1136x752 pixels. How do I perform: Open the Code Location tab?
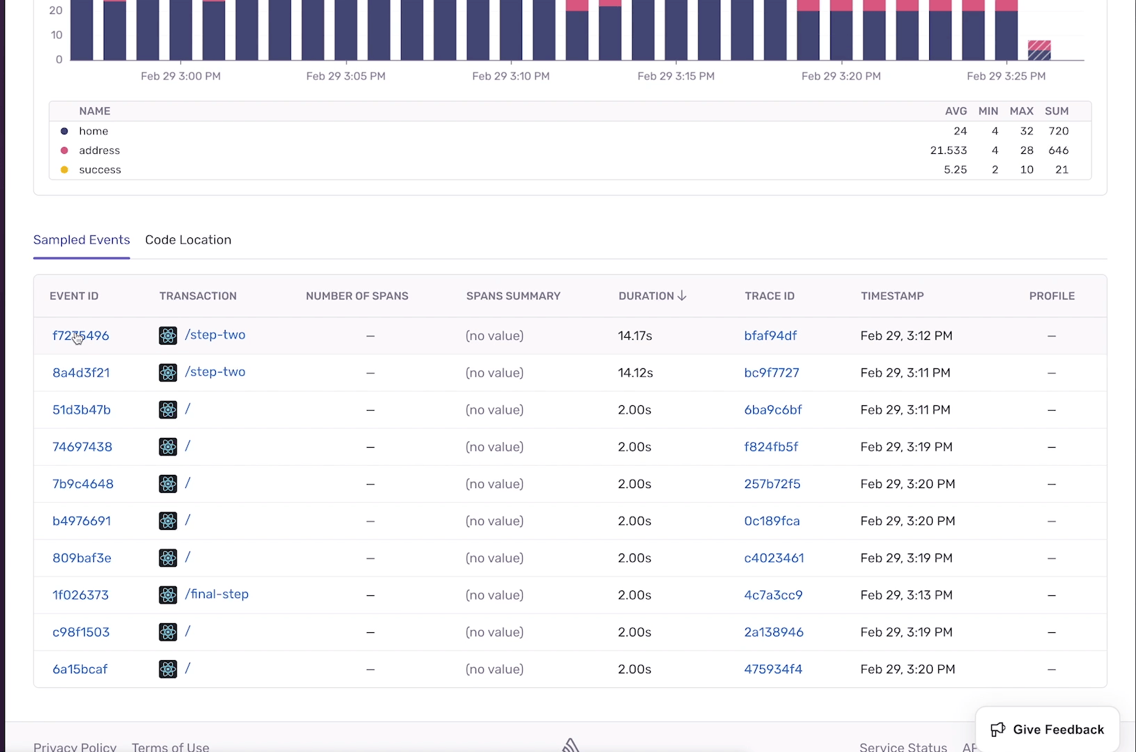coord(188,240)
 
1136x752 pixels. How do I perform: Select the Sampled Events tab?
coord(81,240)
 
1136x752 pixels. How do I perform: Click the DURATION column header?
coord(652,296)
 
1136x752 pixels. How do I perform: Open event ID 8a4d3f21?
coord(81,373)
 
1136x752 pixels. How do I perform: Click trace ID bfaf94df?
coord(771,336)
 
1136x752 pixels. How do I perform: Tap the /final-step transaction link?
coord(216,594)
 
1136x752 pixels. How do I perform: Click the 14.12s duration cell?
coord(636,373)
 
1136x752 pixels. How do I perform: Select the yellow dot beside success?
coord(65,169)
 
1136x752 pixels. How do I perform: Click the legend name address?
coord(100,150)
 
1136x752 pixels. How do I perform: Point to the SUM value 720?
coord(1059,131)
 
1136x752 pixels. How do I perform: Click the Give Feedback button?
coord(1047,729)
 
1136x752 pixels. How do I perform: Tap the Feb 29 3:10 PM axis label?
coord(511,76)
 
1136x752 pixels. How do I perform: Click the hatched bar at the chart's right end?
coord(1039,50)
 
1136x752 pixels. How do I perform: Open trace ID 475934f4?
coord(773,669)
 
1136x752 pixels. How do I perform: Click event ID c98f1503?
coord(81,632)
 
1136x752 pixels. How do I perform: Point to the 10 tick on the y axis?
coord(56,35)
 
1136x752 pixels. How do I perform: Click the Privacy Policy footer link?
coord(75,746)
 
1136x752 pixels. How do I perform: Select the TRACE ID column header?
coord(769,296)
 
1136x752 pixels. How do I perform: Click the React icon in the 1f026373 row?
coord(168,595)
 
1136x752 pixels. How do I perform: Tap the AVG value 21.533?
coord(948,150)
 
